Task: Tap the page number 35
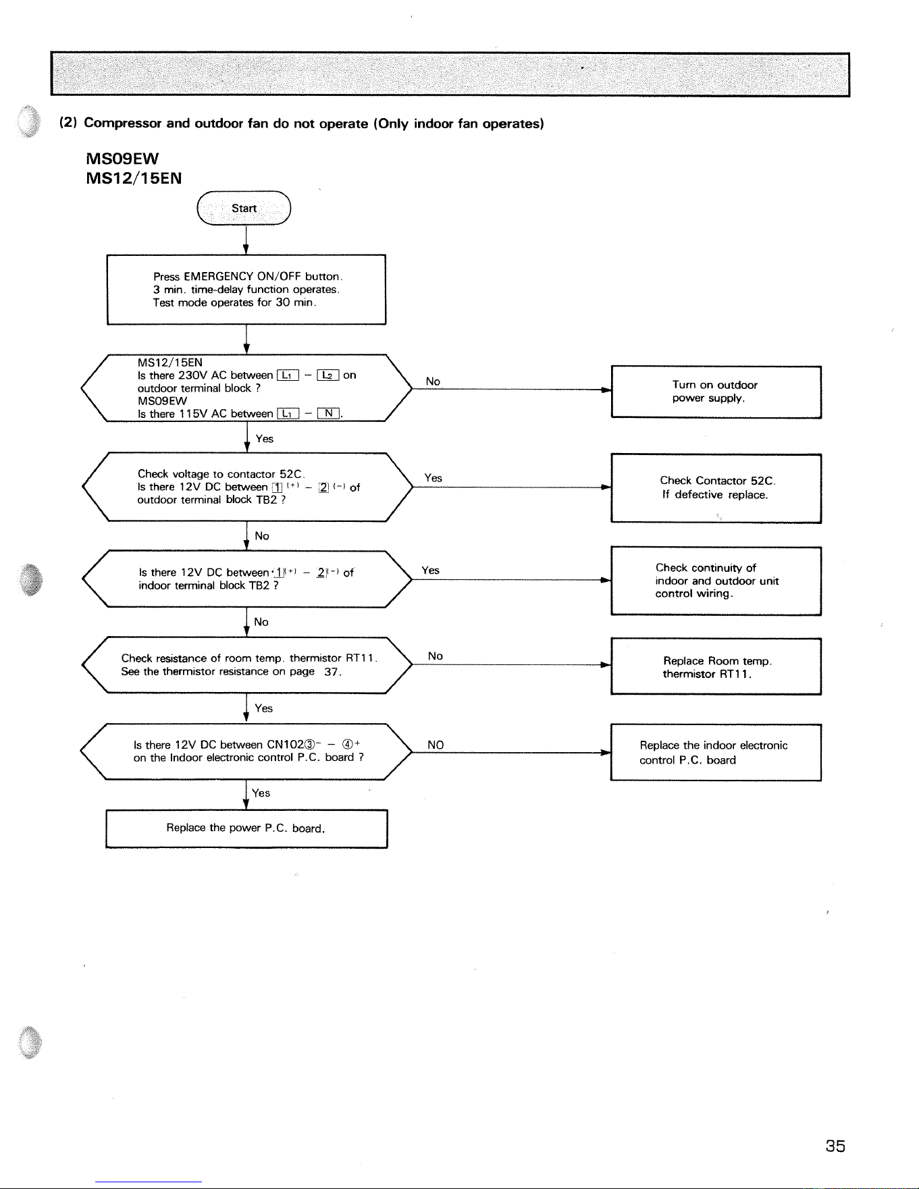(x=835, y=1146)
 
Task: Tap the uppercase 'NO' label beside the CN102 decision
(x=436, y=745)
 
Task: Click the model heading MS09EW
(x=123, y=159)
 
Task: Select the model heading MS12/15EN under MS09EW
(x=134, y=179)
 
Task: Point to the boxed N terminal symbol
(x=328, y=413)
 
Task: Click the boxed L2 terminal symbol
(x=328, y=375)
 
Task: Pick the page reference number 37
(x=331, y=672)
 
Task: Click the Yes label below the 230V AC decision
(x=265, y=439)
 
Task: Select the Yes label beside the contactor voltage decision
(x=434, y=478)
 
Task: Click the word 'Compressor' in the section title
(x=123, y=124)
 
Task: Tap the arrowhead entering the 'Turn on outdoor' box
(x=606, y=390)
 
